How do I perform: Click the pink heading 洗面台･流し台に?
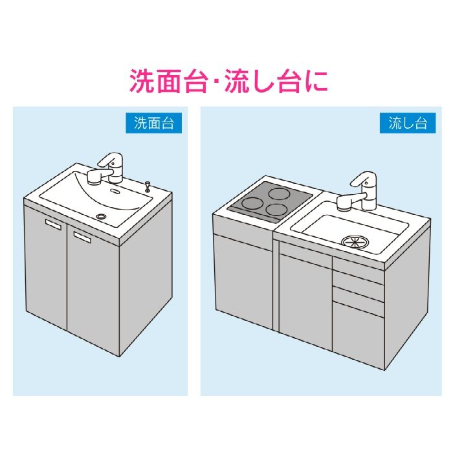click(x=228, y=81)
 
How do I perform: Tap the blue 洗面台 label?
click(x=154, y=123)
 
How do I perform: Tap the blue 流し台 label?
click(x=408, y=123)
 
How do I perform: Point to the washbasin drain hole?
click(x=102, y=215)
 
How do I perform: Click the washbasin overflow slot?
click(x=115, y=191)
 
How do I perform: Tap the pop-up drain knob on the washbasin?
click(x=148, y=186)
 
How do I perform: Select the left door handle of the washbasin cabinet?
click(x=53, y=225)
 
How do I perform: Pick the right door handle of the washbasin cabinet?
click(x=82, y=237)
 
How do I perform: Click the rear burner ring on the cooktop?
click(x=278, y=193)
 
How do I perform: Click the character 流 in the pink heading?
click(x=237, y=81)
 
